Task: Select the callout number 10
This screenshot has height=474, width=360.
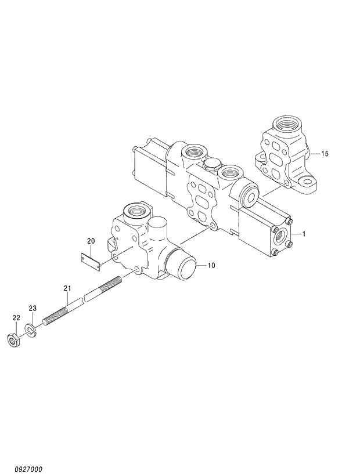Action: pos(211,265)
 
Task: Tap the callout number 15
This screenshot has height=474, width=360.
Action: pos(325,154)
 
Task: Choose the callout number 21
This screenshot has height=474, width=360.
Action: pos(67,288)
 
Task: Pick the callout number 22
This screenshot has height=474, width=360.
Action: pos(16,317)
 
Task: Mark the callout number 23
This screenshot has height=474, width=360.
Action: pos(33,308)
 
